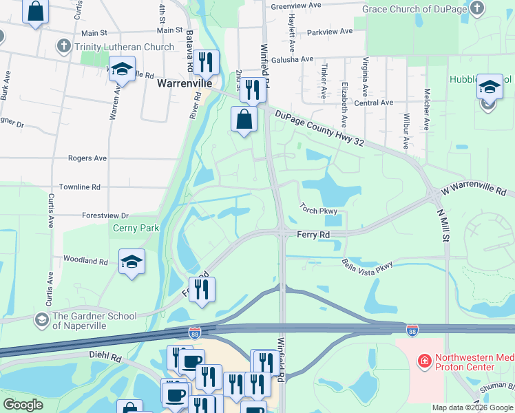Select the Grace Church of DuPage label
point(414,8)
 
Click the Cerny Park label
point(136,228)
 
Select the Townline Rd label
point(79,187)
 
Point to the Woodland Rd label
point(85,262)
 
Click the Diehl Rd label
point(105,359)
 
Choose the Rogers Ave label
point(87,158)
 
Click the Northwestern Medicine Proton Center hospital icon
point(425,360)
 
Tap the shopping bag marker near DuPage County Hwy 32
point(244,119)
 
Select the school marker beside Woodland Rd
point(132,262)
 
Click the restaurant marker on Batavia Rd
point(206,63)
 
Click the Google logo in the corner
point(23,405)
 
